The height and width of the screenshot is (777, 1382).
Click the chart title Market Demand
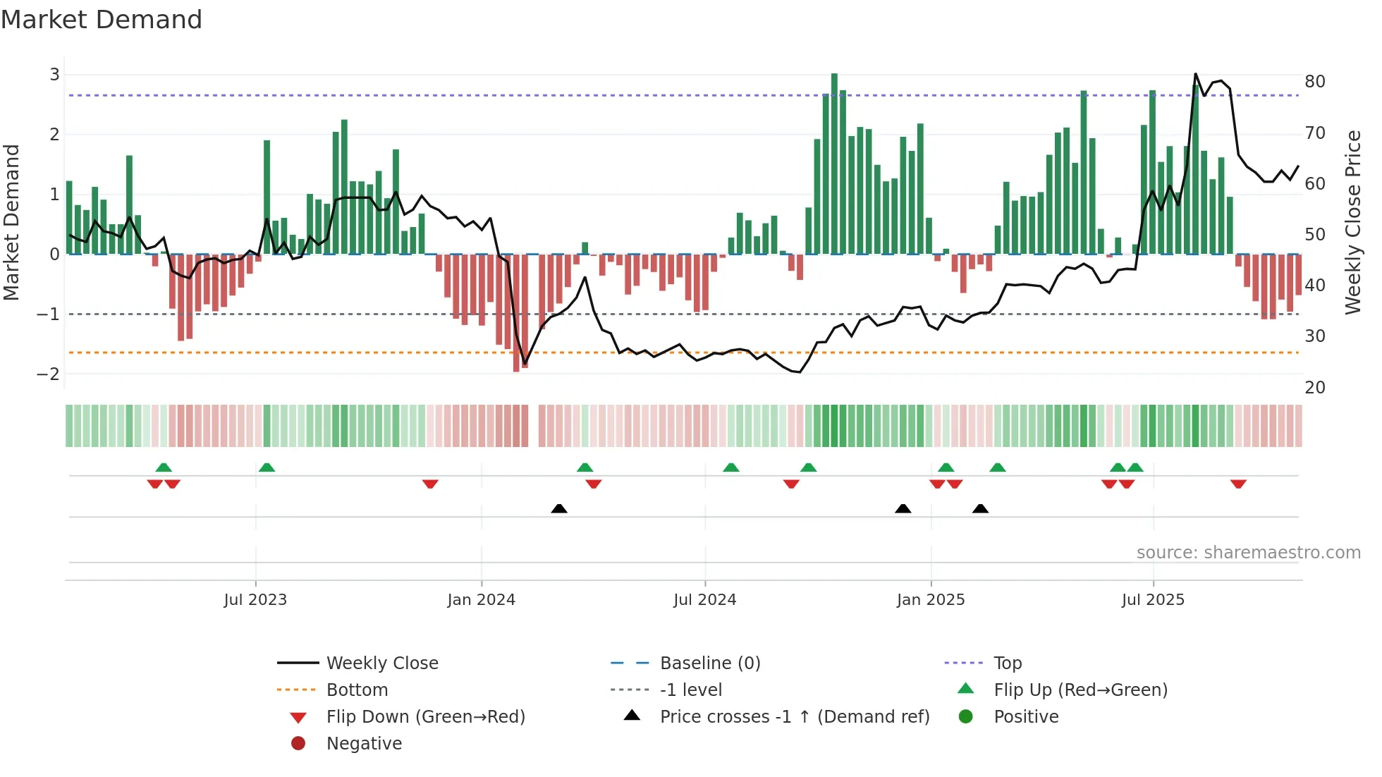(102, 20)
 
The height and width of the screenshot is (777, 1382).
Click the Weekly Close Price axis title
(1352, 222)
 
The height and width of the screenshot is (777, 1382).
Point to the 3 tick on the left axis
(54, 75)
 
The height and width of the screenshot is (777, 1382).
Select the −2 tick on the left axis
(49, 374)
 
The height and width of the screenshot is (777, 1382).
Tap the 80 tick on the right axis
(1314, 82)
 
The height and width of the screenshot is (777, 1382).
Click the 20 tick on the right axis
(1314, 387)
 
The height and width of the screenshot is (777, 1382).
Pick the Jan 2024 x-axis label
(481, 600)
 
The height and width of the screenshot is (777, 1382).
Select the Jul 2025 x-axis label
(1153, 600)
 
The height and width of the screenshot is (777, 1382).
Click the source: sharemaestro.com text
(1248, 552)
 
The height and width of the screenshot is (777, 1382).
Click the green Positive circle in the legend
(966, 716)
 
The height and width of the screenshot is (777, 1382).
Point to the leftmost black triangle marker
(559, 508)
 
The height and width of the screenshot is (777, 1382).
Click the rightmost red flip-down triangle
(1238, 484)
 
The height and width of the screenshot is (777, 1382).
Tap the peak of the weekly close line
(1195, 74)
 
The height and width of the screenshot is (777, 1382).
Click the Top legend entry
(1007, 663)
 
